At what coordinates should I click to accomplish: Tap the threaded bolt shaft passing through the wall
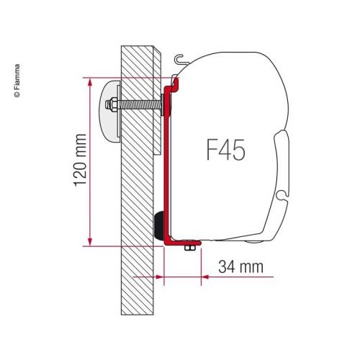140,92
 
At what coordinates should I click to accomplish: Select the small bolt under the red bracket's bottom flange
189,248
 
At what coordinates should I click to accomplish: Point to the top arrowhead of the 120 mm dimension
90,80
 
